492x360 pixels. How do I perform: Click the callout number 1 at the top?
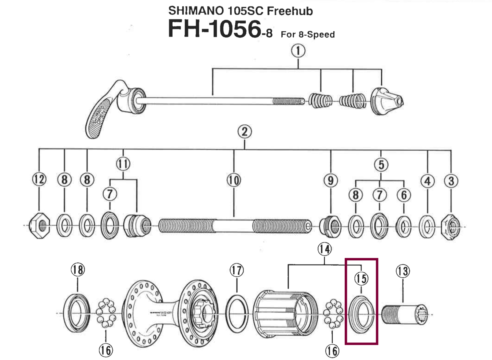(x=298, y=51)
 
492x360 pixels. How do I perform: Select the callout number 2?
(x=244, y=132)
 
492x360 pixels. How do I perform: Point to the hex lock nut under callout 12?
(x=39, y=226)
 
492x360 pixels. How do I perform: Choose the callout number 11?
(x=123, y=164)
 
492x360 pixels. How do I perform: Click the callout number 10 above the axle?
(x=234, y=180)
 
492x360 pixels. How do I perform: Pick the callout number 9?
(x=331, y=180)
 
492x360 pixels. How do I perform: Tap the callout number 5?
(x=381, y=165)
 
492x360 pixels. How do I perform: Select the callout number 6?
(x=404, y=195)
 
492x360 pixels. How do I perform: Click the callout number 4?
(x=427, y=181)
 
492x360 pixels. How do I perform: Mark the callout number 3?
(x=451, y=181)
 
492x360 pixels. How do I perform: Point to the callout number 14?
(x=324, y=249)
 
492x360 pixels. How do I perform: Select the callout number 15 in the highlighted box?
(x=361, y=279)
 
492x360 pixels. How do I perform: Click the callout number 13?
(x=403, y=271)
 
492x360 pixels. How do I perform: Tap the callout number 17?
(x=237, y=271)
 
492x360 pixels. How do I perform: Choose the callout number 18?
(x=77, y=270)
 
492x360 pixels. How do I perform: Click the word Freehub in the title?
(x=290, y=11)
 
